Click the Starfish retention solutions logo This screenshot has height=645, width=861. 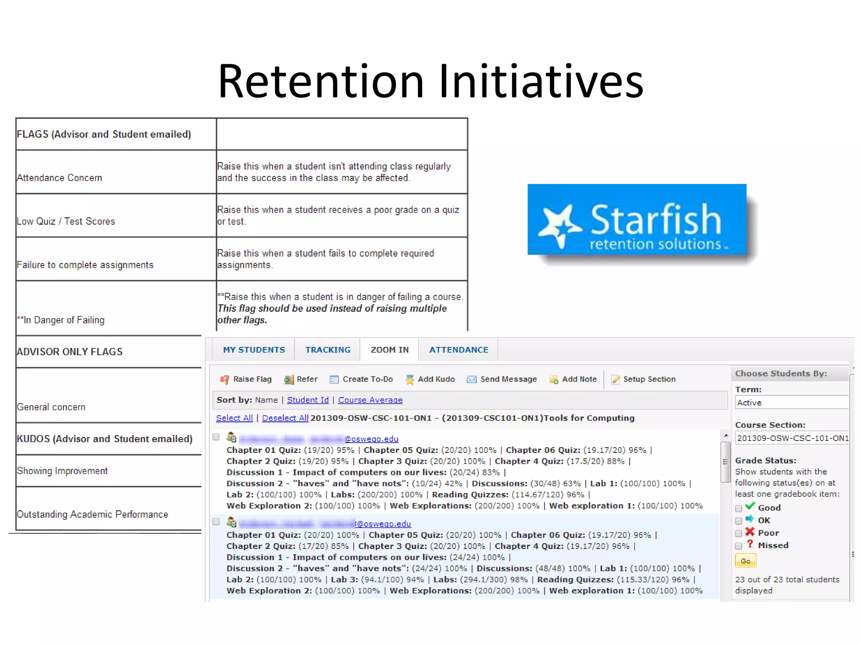click(637, 220)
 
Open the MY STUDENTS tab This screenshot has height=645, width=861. click(254, 350)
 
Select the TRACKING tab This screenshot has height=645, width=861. click(327, 350)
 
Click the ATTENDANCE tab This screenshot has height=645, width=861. click(459, 350)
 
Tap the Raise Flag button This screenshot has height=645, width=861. click(246, 379)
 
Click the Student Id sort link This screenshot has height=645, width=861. click(308, 400)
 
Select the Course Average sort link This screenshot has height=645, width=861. click(370, 400)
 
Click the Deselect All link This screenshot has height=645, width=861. click(285, 418)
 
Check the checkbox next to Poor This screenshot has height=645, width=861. click(739, 534)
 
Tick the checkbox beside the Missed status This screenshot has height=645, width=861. click(739, 546)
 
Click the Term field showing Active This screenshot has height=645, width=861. click(791, 403)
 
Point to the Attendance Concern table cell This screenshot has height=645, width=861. click(60, 178)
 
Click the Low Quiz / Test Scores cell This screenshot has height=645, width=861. click(66, 221)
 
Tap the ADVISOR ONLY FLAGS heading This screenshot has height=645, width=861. click(70, 352)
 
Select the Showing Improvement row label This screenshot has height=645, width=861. click(62, 471)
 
